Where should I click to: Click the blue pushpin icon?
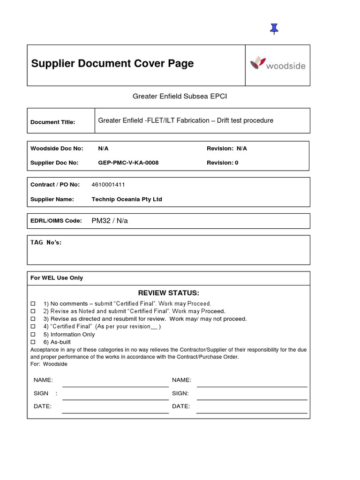[274, 29]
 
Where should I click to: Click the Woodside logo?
[277, 64]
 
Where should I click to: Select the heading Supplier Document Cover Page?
[112, 64]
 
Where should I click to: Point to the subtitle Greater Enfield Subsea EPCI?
[180, 96]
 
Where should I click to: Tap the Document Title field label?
[52, 122]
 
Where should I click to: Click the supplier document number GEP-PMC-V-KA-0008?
[128, 163]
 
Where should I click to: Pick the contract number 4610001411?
[108, 185]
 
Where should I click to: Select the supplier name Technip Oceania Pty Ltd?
[127, 199]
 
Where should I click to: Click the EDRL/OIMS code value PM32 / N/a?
[110, 221]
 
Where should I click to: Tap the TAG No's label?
[46, 242]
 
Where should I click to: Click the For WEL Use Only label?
[57, 278]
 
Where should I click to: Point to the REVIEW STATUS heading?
[168, 293]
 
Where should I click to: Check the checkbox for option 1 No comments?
[33, 304]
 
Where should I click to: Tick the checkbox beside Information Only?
[33, 335]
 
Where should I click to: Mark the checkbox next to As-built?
[33, 342]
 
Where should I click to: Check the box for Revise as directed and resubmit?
[33, 319]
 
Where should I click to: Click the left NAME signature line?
[115, 385]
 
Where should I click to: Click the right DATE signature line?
[252, 412]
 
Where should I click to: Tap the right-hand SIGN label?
[180, 393]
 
